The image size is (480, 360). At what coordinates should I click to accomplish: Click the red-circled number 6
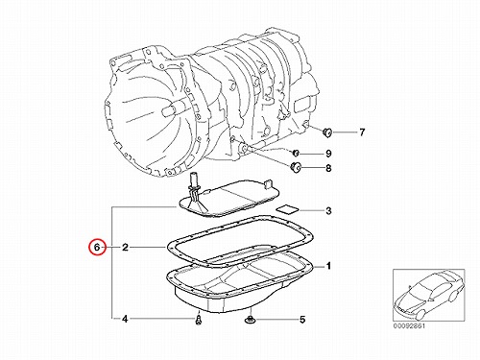(97, 247)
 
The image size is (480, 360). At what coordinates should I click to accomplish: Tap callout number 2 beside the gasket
(125, 247)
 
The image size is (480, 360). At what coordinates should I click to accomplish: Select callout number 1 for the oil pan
(328, 266)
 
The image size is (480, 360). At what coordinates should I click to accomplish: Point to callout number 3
(328, 211)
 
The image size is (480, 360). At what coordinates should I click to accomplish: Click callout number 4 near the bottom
(125, 319)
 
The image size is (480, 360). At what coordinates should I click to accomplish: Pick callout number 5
(302, 319)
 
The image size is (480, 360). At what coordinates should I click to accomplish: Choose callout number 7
(362, 132)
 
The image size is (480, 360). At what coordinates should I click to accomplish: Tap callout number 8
(328, 168)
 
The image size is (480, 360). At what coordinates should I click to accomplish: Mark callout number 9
(328, 154)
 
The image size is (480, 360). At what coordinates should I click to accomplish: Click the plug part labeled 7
(327, 132)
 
